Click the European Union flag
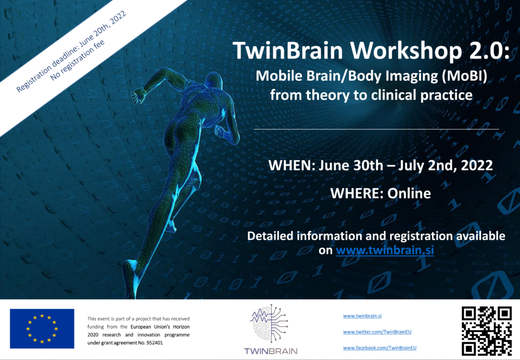pyautogui.click(x=42, y=329)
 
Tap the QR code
pyautogui.click(x=486, y=331)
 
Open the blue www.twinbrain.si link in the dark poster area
pyautogui.click(x=385, y=250)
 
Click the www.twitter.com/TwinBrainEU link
pyautogui.click(x=377, y=332)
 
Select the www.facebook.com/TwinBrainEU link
pyautogui.click(x=380, y=348)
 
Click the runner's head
pyautogui.click(x=214, y=81)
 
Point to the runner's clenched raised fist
pyautogui.click(x=139, y=95)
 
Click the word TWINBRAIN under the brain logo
pyautogui.click(x=271, y=351)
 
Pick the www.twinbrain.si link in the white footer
pyautogui.click(x=362, y=316)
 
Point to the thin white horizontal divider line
pyautogui.click(x=376, y=129)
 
